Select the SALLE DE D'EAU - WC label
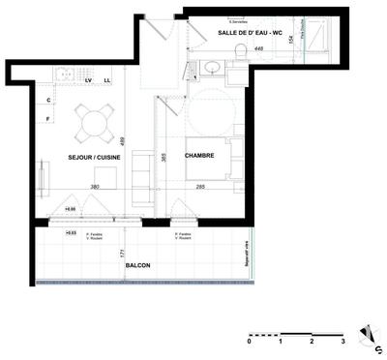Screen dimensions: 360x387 pyautogui.click(x=251, y=34)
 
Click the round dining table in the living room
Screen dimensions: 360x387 pyautogui.click(x=93, y=122)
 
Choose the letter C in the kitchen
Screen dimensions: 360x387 pyautogui.click(x=47, y=100)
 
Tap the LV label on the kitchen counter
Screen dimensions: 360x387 pyautogui.click(x=88, y=80)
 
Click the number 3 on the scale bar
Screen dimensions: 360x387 pyautogui.click(x=342, y=343)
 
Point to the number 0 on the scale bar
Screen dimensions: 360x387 pyautogui.click(x=249, y=343)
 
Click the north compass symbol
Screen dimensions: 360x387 pyautogui.click(x=366, y=334)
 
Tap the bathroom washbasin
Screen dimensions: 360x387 pyautogui.click(x=212, y=67)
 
